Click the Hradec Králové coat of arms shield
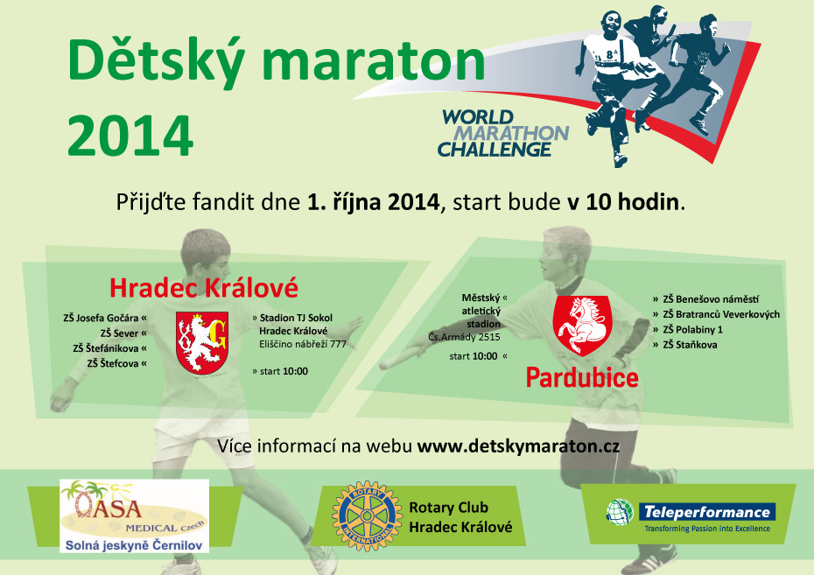202,342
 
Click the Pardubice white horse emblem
582,325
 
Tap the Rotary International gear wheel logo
367,515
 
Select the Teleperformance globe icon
620,512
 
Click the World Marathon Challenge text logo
503,133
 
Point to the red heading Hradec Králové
204,287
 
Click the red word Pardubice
582,377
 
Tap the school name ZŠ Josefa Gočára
101,318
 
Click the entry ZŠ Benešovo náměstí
711,299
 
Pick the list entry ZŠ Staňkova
690,345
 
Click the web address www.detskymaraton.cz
519,446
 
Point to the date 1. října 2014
373,202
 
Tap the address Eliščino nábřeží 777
303,344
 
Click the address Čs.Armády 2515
464,337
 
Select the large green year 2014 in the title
130,135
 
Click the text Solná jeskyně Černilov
133,545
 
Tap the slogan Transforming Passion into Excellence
707,529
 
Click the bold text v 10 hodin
623,202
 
